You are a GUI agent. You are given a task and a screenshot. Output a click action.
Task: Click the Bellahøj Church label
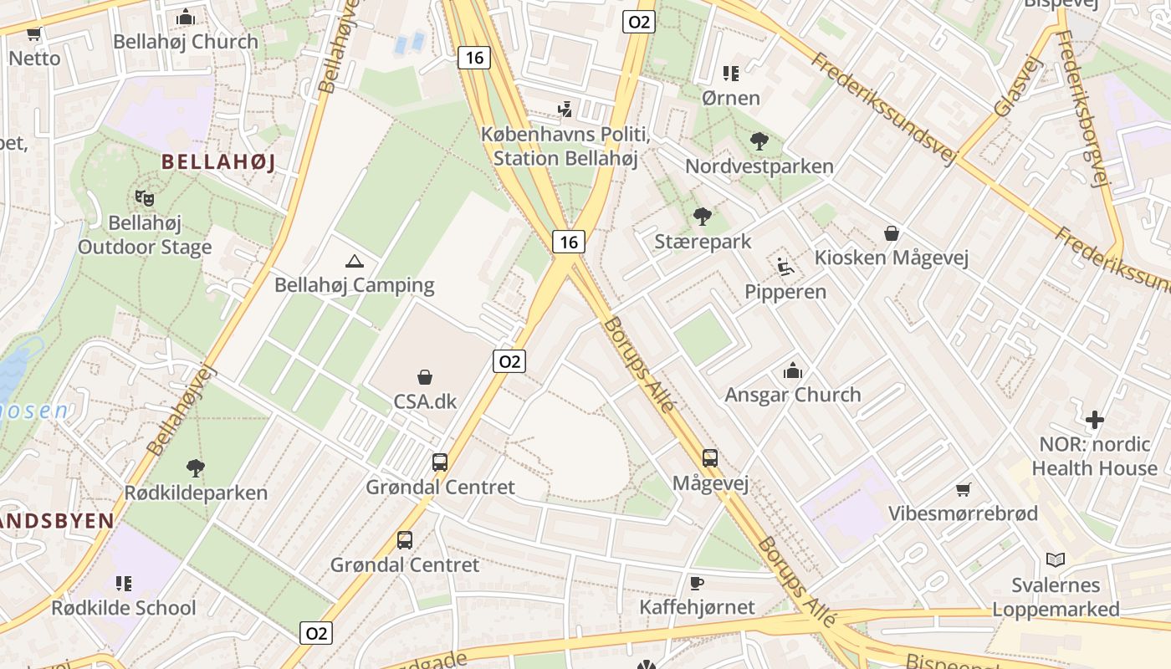[186, 41]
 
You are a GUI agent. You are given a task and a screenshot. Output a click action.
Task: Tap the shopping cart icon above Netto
[34, 34]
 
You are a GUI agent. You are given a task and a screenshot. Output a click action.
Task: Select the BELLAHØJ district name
[217, 161]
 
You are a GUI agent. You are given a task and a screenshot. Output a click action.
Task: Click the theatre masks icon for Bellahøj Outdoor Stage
[145, 198]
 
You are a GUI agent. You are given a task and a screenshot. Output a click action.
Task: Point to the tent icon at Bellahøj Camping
[355, 262]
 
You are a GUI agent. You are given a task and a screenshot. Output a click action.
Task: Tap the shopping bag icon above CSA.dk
[425, 377]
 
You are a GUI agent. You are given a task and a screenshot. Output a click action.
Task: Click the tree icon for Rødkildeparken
[196, 467]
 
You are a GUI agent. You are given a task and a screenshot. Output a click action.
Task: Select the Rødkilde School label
[124, 608]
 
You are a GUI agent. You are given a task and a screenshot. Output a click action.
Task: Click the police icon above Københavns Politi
[566, 109]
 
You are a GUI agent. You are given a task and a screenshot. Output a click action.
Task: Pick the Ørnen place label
[731, 98]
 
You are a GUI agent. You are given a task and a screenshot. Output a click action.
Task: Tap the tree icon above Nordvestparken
[759, 141]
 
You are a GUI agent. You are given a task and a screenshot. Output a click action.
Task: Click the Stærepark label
[703, 242]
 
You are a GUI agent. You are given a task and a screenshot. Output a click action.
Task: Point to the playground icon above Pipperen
[785, 267]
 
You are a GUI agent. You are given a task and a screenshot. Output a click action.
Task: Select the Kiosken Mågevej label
[892, 258]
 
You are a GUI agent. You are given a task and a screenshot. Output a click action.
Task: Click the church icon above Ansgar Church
[792, 370]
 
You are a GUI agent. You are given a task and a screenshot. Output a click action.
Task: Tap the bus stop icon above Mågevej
[710, 458]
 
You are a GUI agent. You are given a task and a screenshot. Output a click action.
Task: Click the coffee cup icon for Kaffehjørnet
[697, 583]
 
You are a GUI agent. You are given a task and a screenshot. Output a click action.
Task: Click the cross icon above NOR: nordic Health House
[1094, 420]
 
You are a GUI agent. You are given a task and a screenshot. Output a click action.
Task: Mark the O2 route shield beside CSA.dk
[509, 361]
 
